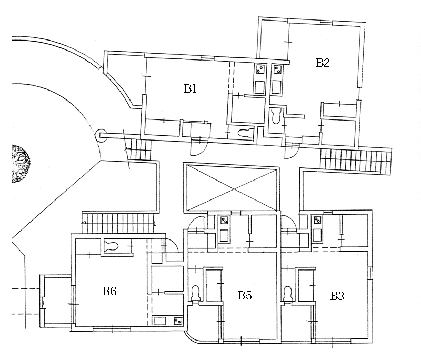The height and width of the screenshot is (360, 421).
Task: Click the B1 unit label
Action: click(x=190, y=88)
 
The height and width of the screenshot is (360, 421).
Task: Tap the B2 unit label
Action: click(x=323, y=63)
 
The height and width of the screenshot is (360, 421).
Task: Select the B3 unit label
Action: click(x=337, y=296)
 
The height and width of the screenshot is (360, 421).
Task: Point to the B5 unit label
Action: click(x=245, y=295)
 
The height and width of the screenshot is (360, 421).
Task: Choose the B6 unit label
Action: click(x=109, y=291)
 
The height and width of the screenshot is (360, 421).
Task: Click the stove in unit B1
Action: click(x=260, y=68)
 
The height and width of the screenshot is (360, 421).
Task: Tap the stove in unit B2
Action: click(x=277, y=68)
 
